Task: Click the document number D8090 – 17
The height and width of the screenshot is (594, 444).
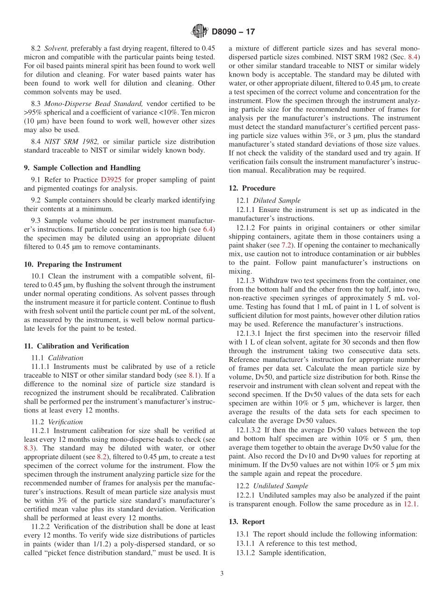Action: pos(233,32)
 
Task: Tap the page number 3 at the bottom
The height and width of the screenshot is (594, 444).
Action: pos(222,573)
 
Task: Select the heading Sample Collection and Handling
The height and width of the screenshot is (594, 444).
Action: pos(82,168)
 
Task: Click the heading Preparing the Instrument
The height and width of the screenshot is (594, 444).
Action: pos(72,264)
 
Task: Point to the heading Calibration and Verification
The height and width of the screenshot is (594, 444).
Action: pos(76,346)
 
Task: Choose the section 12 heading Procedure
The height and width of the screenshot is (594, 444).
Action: pos(252,188)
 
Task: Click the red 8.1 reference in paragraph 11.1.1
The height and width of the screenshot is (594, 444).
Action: pos(193,375)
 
